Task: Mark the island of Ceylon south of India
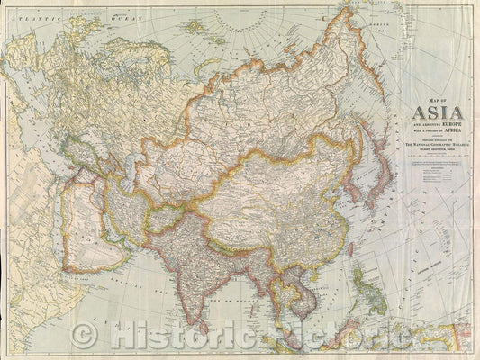click(222, 317)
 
